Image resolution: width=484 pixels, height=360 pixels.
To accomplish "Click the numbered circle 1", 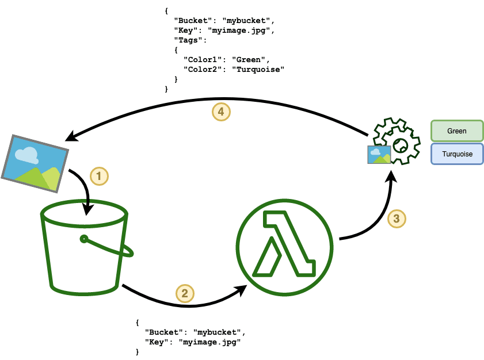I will click(x=100, y=175).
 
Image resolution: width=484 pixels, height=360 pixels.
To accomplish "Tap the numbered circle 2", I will click(x=184, y=293).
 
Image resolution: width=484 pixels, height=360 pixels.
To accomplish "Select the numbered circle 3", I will click(x=396, y=218).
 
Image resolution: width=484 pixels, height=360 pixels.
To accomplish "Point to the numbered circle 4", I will click(x=221, y=112).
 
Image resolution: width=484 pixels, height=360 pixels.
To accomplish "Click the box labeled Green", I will click(x=457, y=131).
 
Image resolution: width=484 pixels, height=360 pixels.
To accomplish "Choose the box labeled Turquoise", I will click(x=457, y=154).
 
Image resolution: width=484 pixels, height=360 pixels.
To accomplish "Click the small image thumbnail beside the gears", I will click(x=379, y=154).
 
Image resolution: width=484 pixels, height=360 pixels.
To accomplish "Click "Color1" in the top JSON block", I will click(x=200, y=59).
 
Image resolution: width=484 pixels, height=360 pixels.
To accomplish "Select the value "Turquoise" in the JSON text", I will click(x=258, y=69).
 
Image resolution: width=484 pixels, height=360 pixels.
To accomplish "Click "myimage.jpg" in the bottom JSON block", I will click(x=209, y=342).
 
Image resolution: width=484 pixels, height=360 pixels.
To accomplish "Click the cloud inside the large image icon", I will click(x=26, y=153).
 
